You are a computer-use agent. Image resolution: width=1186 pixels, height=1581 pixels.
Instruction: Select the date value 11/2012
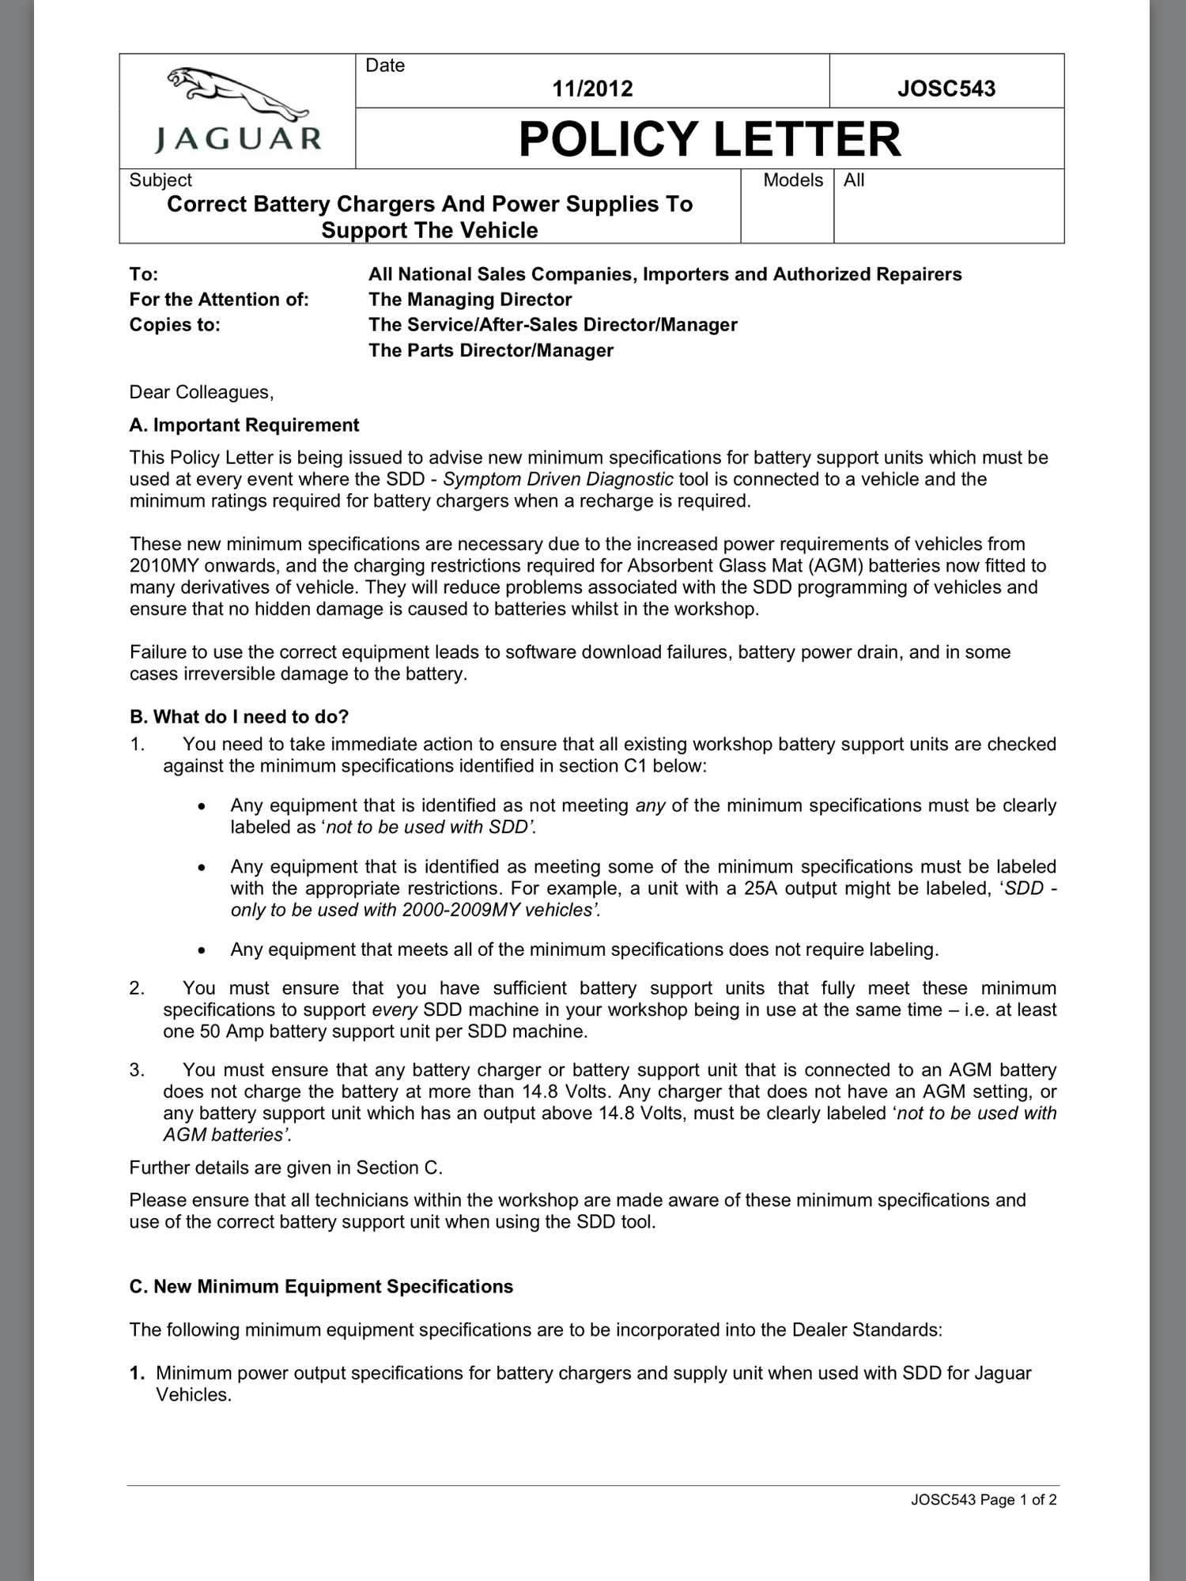592,88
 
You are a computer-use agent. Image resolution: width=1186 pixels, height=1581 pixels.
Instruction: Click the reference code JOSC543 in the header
946,88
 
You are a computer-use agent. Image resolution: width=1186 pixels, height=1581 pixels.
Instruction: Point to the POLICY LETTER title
709,139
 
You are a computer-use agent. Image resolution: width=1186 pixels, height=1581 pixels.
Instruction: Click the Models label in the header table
793,180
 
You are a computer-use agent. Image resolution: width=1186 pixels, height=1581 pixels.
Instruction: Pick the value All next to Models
854,180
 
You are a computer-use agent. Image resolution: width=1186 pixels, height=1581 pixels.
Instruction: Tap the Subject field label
161,180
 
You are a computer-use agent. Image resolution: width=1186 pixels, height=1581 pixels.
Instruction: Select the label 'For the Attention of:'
219,300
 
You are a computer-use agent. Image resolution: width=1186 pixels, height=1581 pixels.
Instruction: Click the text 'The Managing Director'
470,300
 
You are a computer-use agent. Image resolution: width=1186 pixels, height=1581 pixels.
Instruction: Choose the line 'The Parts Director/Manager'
490,350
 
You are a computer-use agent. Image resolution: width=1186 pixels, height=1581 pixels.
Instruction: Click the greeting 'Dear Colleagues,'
202,392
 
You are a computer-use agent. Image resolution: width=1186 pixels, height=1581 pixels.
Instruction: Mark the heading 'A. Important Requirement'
244,425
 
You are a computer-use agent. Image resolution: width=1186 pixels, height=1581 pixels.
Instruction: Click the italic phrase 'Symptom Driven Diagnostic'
558,479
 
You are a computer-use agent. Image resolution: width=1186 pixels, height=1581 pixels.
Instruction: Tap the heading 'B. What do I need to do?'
239,717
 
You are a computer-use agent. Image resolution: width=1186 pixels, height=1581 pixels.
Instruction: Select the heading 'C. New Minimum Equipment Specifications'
321,1286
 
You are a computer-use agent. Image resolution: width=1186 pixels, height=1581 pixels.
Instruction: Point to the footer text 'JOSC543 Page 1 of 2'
983,1500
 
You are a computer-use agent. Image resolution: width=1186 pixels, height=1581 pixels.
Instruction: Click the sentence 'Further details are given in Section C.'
285,1168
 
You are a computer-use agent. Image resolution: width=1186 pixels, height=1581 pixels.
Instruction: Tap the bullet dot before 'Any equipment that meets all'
203,950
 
